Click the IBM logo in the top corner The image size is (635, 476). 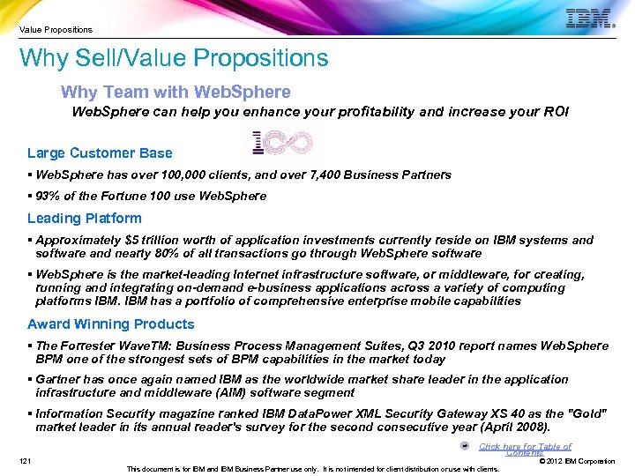coord(588,19)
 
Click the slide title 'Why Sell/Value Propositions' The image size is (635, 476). coord(174,59)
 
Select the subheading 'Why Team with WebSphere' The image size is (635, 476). coord(176,93)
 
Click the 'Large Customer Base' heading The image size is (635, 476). coord(100,153)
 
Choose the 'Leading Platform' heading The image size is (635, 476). coord(84,219)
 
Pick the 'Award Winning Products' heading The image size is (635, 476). coord(110,324)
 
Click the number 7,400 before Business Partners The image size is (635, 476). coord(317,175)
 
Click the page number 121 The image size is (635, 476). coord(26,460)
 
